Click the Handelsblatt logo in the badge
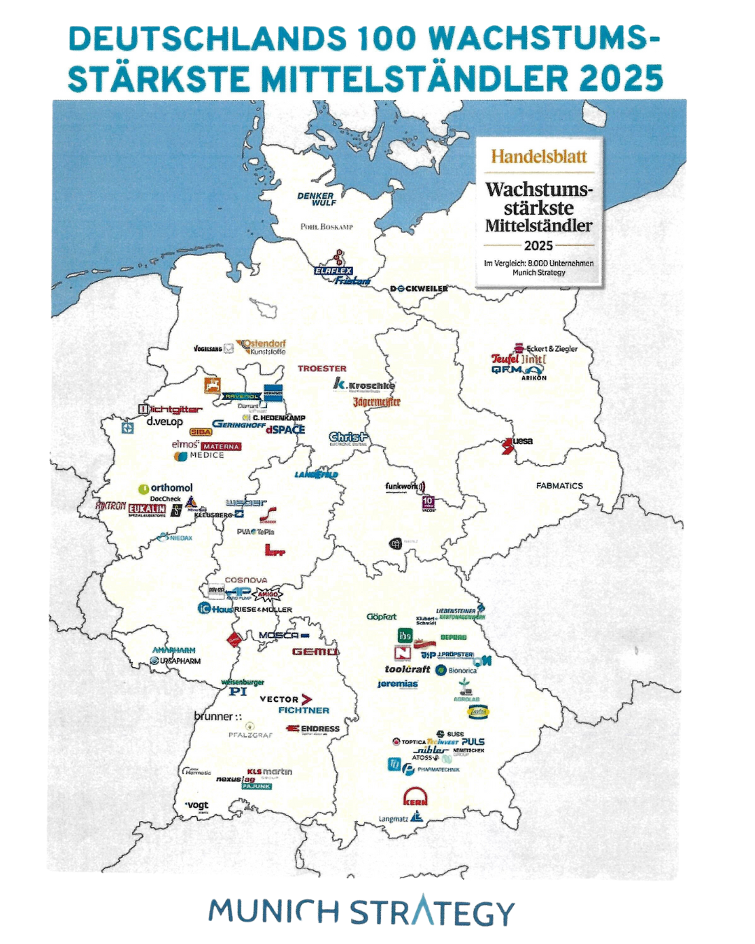(x=538, y=157)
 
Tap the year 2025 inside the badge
(x=538, y=245)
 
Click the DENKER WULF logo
(x=316, y=199)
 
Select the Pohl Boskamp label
(x=326, y=227)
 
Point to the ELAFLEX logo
(x=333, y=271)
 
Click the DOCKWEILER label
(x=419, y=288)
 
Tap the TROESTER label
(x=322, y=369)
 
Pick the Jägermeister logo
(x=376, y=402)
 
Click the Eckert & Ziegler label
(x=552, y=348)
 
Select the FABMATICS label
(x=559, y=485)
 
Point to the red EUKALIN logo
(x=147, y=508)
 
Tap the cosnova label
(x=245, y=580)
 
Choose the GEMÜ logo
(x=315, y=652)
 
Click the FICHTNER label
(x=303, y=710)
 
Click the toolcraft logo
(x=407, y=669)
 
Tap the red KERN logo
(x=415, y=797)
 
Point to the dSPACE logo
(x=285, y=429)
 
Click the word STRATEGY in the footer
(x=431, y=913)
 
